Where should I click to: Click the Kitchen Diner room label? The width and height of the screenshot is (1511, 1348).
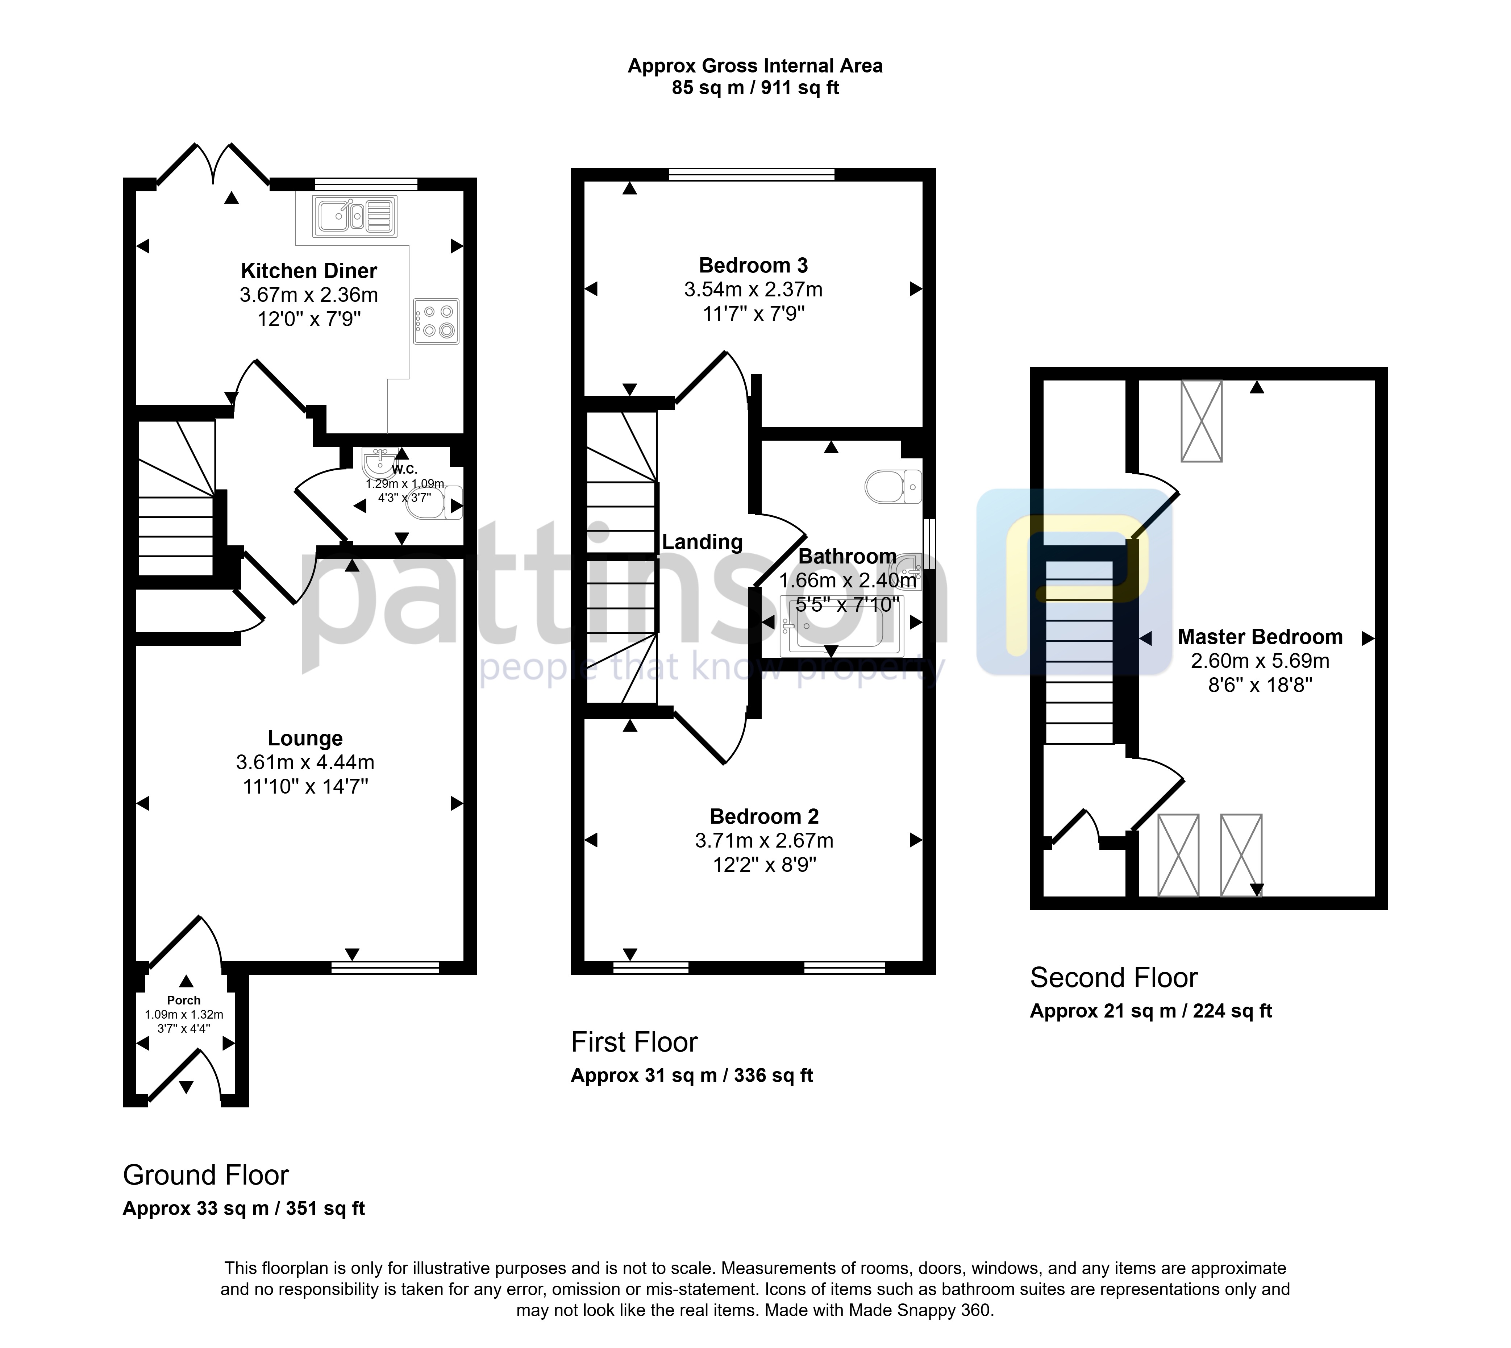coord(309,271)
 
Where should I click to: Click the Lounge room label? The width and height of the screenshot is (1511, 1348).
coord(305,739)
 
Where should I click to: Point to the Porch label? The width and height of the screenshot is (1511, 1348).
coord(184,1000)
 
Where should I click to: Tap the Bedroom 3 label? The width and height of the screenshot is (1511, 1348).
coord(753,265)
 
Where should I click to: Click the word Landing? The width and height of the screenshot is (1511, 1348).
coord(702,542)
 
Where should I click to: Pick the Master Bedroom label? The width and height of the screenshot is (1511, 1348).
coord(1260,637)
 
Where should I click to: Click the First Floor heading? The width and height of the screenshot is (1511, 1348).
coord(634,1042)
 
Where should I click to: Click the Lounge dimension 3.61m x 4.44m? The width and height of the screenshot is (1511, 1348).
coord(305,762)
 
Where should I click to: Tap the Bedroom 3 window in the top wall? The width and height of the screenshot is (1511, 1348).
coord(752,175)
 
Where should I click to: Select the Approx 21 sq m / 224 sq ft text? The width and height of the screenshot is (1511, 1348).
coord(1151,1011)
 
